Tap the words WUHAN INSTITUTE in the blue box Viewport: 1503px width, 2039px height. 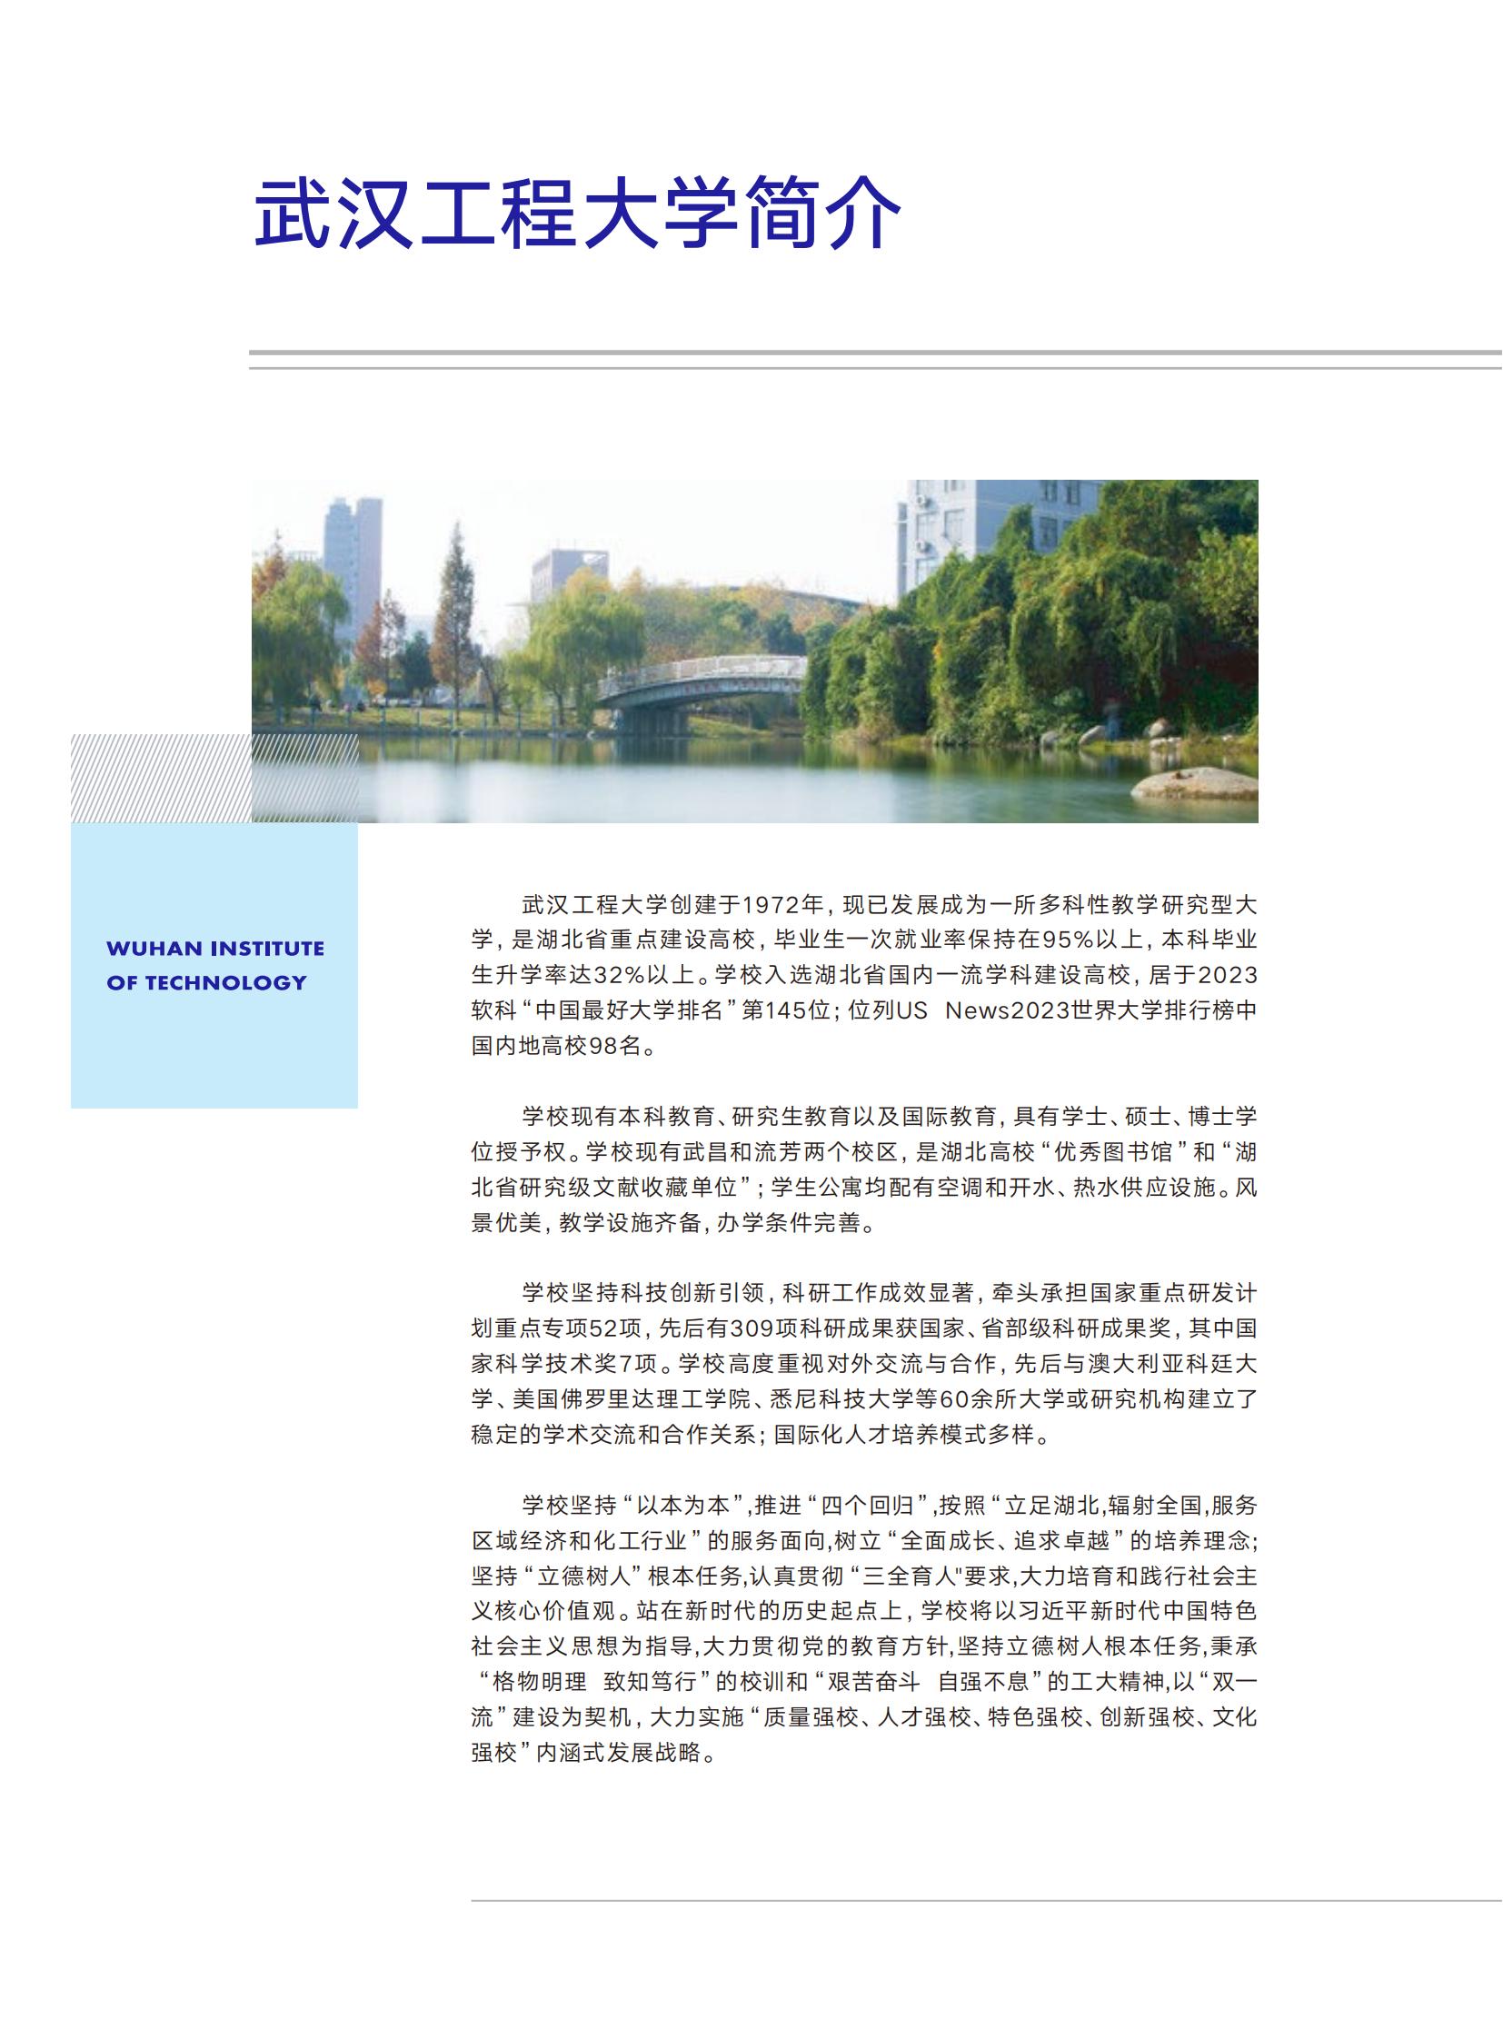215,948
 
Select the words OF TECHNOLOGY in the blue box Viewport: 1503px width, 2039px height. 206,982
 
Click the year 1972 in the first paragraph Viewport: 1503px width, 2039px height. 772,904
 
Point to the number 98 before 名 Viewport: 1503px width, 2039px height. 603,1046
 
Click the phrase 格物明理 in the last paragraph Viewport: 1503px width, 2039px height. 540,1681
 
